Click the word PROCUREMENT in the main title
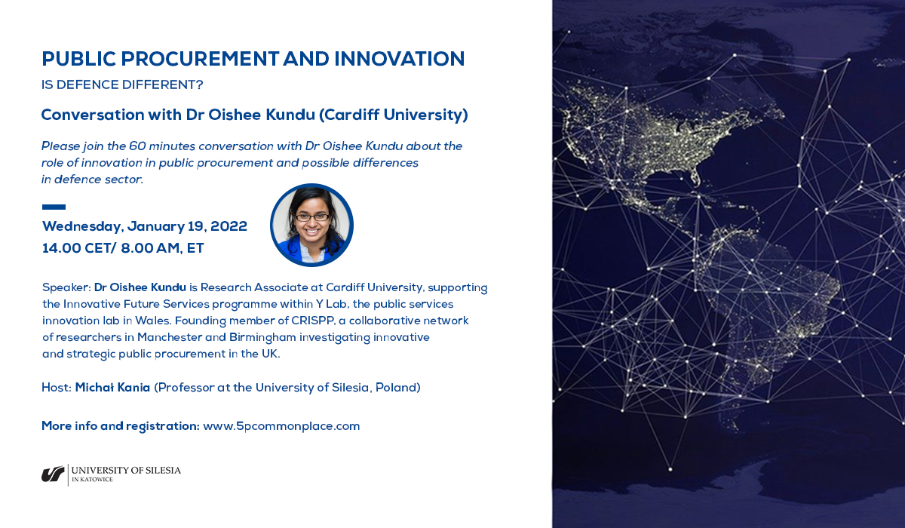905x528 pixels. click(200, 59)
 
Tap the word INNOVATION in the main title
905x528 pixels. click(399, 59)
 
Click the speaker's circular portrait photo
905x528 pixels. click(311, 225)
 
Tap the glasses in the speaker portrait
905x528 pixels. click(312, 217)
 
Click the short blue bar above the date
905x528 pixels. click(54, 207)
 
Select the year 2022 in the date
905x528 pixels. click(229, 226)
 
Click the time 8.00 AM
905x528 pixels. click(150, 248)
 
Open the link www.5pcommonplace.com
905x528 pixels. click(281, 426)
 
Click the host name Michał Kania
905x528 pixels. click(112, 388)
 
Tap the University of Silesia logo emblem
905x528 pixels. click(53, 474)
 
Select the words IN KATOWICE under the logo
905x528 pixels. click(92, 480)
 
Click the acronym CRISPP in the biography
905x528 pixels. click(313, 321)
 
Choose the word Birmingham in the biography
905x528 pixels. click(262, 337)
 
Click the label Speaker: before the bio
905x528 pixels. click(66, 287)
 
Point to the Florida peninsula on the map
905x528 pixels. click(695, 177)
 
